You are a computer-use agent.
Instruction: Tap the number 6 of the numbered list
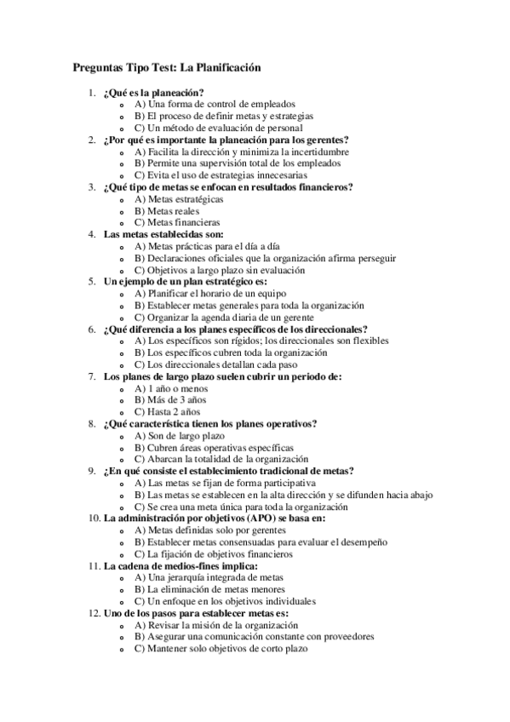(92, 328)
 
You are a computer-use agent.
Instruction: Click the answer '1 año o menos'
(171, 387)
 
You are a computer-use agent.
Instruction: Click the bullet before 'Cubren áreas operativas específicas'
(125, 446)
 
